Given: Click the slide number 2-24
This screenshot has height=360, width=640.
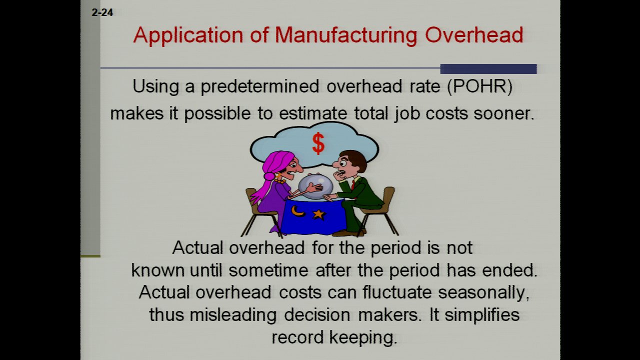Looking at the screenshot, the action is tap(102, 12).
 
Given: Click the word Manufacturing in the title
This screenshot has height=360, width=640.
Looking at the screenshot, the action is tap(346, 35).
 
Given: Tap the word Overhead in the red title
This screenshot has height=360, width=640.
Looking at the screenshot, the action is tap(474, 35).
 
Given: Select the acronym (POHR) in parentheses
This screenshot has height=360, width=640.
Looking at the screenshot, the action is tap(479, 86).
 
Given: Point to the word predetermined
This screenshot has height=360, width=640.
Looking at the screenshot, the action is tap(260, 86).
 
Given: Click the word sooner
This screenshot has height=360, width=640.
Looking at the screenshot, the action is tap(503, 113).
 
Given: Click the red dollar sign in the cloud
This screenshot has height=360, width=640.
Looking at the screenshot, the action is tap(318, 143).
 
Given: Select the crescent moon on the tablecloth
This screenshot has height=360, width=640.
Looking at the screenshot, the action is tap(297, 211).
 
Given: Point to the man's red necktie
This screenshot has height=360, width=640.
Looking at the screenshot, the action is tap(353, 185).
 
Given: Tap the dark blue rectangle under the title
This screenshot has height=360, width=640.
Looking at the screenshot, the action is tap(488, 69).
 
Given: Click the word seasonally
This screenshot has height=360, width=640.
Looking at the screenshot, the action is tap(483, 293).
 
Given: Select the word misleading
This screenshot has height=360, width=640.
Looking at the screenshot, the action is tap(233, 315).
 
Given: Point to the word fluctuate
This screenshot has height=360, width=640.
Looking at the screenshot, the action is tap(397, 292).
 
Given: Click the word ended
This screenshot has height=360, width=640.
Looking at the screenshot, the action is tap(509, 270).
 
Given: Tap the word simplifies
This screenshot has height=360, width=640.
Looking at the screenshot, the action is tap(481, 315).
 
